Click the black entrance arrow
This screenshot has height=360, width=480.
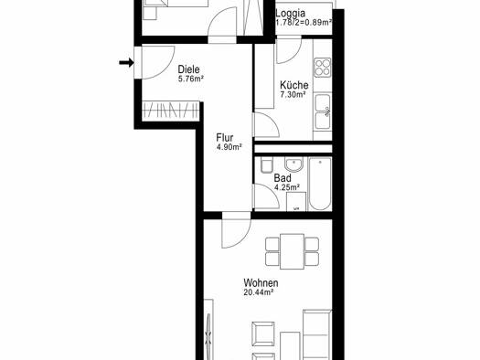point(126,63)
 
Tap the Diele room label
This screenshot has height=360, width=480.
point(188,69)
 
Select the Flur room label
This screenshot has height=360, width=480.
point(225,138)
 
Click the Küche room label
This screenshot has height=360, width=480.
point(293,85)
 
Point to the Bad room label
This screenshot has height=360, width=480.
point(283,177)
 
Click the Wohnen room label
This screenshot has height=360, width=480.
point(261,282)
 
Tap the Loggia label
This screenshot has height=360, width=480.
point(290,13)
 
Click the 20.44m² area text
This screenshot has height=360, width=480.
point(259,292)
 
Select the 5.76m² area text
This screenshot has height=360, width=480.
point(191,79)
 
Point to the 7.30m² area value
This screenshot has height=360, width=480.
point(293,94)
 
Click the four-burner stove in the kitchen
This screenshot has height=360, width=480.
point(323,68)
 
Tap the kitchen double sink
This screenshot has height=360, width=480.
point(323,112)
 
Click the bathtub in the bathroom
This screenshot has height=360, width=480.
point(320,184)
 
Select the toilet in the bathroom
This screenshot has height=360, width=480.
point(267,165)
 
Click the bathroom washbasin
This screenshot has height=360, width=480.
point(293,164)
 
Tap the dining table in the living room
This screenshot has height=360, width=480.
point(292,251)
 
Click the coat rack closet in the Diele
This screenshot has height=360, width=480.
point(171,110)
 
